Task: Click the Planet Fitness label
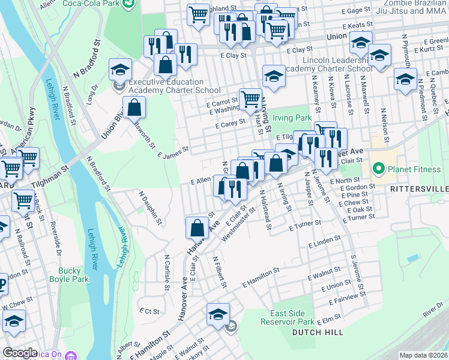point(414,169)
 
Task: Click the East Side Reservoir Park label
point(292,318)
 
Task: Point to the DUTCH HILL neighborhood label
point(318,332)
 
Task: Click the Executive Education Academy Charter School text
point(166,86)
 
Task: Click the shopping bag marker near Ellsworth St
point(134,108)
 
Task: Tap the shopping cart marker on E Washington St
point(250,99)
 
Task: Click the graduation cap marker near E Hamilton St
point(218,314)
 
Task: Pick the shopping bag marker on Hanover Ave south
point(197,227)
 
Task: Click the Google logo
point(20,353)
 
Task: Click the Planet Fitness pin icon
point(378,169)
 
